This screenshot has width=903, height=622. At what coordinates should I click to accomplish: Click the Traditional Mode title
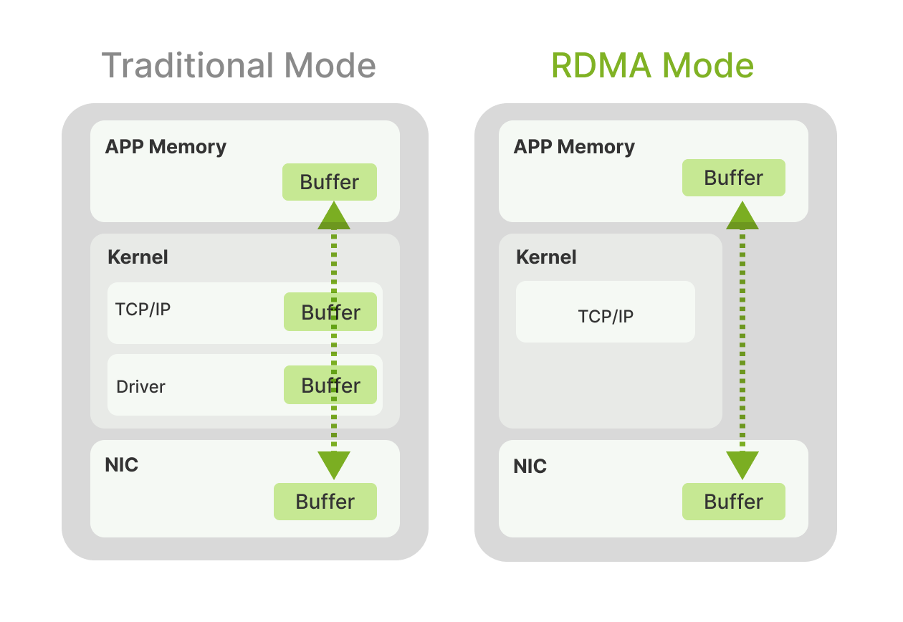(x=239, y=66)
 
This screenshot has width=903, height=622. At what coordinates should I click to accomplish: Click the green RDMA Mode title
(x=652, y=66)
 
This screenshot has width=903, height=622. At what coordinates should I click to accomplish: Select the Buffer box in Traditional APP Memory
(x=329, y=182)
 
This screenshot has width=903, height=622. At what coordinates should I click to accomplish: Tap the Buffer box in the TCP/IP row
(x=330, y=312)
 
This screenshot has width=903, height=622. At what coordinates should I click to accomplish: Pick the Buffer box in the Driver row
(x=330, y=386)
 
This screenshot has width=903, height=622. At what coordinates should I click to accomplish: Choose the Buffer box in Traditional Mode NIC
(x=325, y=502)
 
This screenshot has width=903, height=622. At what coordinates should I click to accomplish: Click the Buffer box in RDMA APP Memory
(x=733, y=178)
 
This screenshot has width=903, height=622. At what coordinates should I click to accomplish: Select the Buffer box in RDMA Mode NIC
(x=733, y=502)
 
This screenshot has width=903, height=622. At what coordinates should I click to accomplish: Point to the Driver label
(x=140, y=387)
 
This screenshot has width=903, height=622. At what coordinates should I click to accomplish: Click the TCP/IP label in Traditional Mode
(x=143, y=310)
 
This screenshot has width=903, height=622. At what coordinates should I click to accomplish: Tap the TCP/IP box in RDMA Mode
(x=606, y=312)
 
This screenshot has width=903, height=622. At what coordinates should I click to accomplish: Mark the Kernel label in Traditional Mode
(x=138, y=257)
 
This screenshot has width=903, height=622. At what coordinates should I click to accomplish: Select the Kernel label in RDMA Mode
(x=546, y=257)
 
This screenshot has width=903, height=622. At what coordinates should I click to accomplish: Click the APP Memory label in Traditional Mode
(x=166, y=147)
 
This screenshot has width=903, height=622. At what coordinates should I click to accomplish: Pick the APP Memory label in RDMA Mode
(x=574, y=147)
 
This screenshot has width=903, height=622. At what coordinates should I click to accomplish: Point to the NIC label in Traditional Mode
(x=122, y=465)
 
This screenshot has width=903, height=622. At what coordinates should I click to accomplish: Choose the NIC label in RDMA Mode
(x=530, y=466)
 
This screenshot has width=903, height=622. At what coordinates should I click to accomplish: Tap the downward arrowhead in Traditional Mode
(x=334, y=465)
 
